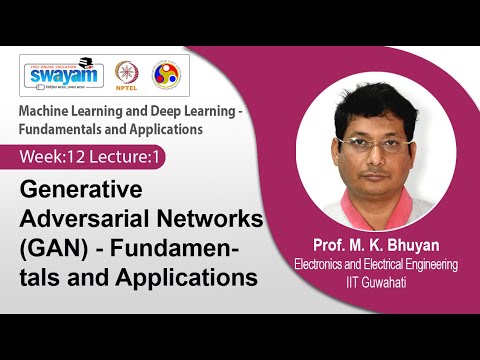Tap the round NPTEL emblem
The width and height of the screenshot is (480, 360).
pos(126,75)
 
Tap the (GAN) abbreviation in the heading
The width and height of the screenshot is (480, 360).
pos(54,246)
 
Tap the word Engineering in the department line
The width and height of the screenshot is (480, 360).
pos(426,265)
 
